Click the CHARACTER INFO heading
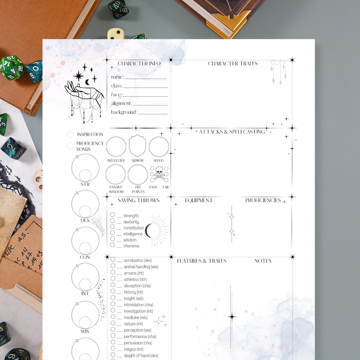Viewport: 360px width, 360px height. (x=139, y=64)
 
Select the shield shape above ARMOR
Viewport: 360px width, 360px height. (x=137, y=146)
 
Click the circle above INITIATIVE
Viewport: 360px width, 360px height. (x=116, y=147)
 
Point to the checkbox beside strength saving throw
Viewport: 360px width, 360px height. (x=113, y=215)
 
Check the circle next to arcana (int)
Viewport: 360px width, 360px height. (x=113, y=272)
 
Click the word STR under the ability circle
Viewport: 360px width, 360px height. (x=85, y=184)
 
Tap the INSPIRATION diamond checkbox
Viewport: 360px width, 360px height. (x=70, y=135)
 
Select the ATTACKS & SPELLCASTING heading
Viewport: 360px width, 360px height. (x=232, y=132)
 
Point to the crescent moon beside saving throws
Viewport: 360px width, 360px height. (x=148, y=230)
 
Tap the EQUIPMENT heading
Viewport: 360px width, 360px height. (x=199, y=200)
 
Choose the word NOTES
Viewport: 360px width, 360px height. (x=263, y=261)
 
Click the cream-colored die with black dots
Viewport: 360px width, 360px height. (x=116, y=34)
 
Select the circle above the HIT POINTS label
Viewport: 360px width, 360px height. (x=137, y=175)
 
